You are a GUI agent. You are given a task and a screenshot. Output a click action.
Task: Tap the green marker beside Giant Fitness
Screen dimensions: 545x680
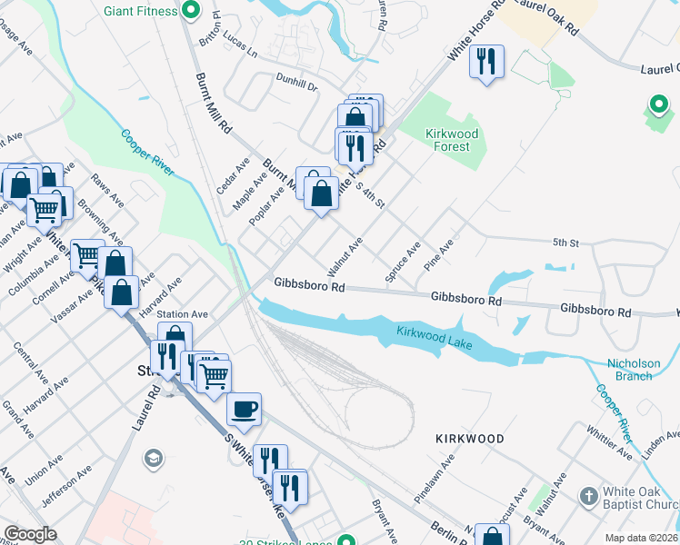(x=191, y=11)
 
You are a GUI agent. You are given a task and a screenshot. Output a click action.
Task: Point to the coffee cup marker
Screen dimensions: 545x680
(x=243, y=411)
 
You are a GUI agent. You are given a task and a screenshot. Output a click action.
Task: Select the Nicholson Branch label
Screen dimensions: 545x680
(x=634, y=370)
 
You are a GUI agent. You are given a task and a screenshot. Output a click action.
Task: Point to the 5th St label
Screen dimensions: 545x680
(x=565, y=243)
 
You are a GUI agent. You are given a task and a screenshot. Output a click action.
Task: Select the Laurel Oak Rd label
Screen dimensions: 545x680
(x=545, y=17)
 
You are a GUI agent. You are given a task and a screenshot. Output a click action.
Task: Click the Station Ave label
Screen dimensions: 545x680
(x=183, y=314)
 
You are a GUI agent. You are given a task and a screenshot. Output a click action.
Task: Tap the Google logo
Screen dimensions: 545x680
(x=30, y=534)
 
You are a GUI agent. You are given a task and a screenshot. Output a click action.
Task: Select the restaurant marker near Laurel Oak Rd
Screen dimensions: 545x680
(x=485, y=62)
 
